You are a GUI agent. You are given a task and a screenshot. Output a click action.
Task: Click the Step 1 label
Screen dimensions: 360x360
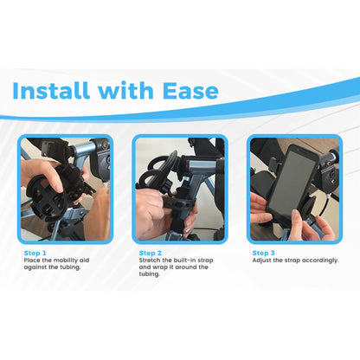point(35,253)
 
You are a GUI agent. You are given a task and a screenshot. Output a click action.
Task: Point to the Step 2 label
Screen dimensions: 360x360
point(151,253)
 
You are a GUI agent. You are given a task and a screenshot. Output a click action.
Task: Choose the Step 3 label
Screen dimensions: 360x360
point(264,253)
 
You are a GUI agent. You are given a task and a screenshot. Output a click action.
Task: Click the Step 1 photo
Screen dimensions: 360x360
point(65,189)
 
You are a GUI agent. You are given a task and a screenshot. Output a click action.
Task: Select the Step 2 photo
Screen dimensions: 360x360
point(179,189)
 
